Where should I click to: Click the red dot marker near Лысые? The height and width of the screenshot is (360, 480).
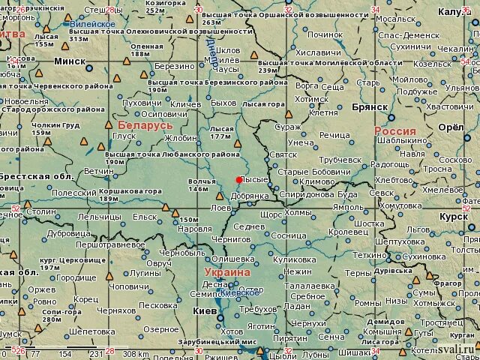(238, 179)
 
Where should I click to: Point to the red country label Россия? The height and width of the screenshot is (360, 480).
(394, 131)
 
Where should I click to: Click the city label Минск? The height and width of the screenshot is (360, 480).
(70, 61)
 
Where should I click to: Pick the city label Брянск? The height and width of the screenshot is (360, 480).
(368, 107)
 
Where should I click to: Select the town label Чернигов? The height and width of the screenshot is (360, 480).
(230, 238)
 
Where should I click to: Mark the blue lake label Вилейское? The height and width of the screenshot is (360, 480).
(93, 24)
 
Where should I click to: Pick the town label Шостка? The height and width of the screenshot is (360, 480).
(369, 223)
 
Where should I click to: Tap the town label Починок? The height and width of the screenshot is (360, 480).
(325, 34)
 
